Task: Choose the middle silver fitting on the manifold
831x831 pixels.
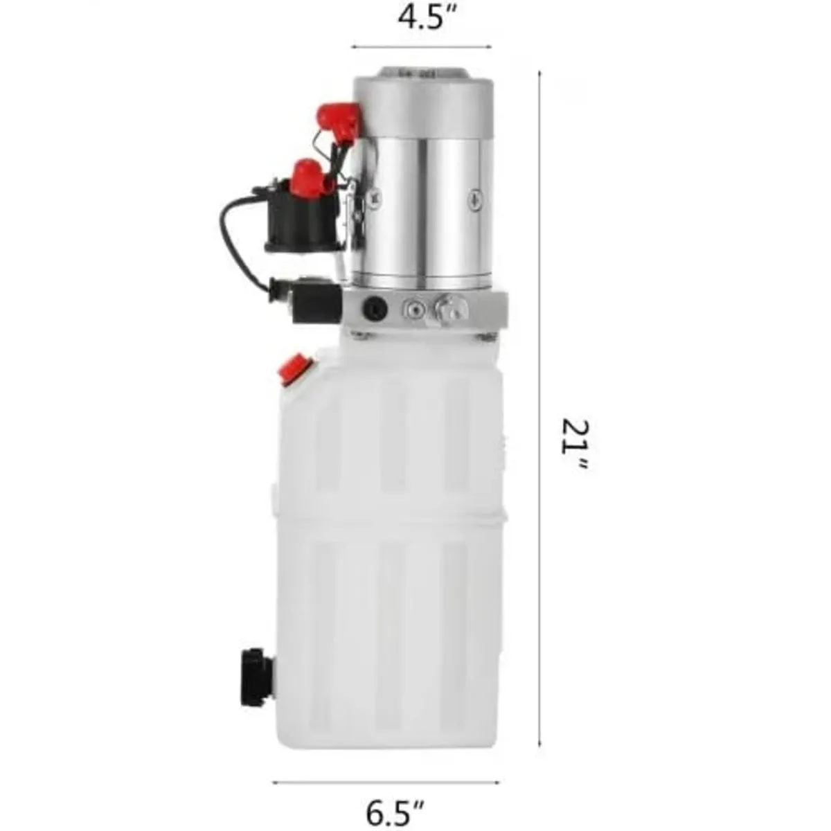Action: tap(414, 309)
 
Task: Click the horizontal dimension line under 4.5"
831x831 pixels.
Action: tap(422, 47)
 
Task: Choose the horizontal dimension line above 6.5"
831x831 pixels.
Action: tap(386, 783)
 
